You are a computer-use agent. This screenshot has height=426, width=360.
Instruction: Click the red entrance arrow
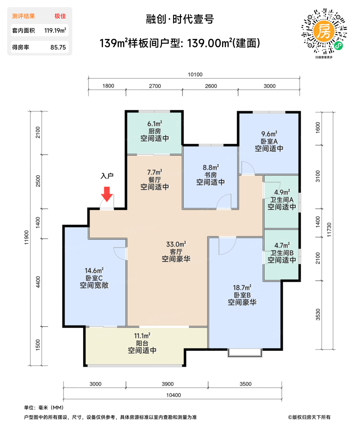coord(107,194)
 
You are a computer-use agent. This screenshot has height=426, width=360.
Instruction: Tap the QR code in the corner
coord(324,31)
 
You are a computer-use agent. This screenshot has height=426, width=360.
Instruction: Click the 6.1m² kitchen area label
coord(154,124)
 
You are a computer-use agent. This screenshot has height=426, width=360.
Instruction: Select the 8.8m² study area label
coord(211,168)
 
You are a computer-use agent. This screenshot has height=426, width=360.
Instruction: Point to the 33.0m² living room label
coord(176,244)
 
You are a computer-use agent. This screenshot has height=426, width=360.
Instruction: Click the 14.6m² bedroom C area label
coord(94,271)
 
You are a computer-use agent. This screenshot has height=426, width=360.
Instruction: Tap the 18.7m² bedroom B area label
coord(242,288)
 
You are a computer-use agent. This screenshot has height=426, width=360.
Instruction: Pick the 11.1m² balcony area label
coord(142,336)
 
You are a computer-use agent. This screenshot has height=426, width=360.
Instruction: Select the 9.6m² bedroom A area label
coord(269,134)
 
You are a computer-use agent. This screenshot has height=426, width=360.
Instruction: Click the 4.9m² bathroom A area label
coord(282,192)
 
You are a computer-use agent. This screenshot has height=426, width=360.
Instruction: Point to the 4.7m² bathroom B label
coord(282,246)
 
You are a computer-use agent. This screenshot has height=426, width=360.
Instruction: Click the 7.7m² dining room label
coord(154,173)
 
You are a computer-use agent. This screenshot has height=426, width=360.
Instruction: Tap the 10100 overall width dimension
coord(195,75)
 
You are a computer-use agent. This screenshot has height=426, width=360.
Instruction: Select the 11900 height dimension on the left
coord(27,237)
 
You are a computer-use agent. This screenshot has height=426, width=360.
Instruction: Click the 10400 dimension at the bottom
coord(173,395)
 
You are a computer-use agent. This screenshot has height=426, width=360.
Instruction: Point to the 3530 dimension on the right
coord(318,314)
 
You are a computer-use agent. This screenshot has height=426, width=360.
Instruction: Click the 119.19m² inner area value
coord(55,30)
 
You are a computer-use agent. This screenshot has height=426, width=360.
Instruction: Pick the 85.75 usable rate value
coord(58,47)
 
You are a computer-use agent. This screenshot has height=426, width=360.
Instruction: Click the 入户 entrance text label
coord(107,176)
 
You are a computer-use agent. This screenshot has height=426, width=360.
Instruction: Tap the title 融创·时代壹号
coord(180,19)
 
